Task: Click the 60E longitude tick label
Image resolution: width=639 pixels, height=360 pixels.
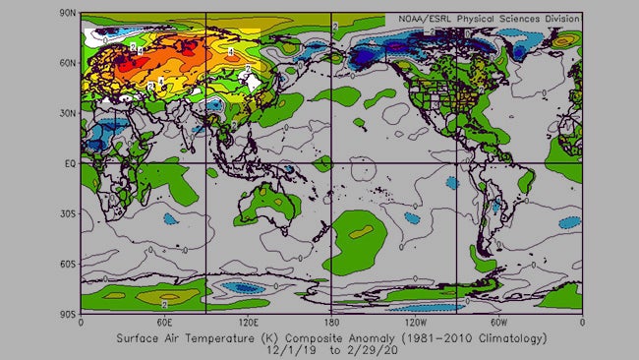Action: (164, 322)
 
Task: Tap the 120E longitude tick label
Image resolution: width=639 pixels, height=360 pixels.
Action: (247, 322)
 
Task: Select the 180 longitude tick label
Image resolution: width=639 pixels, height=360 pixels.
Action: (331, 322)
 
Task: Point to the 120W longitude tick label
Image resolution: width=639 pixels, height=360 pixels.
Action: (415, 322)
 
